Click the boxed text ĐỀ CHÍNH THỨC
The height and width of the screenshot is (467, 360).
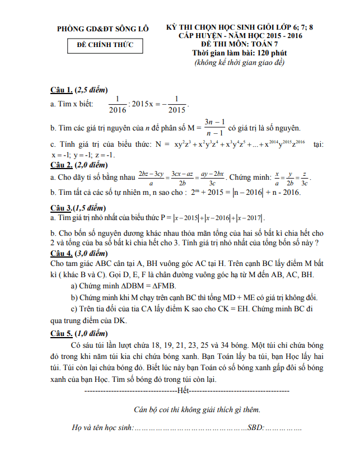coord(105,45)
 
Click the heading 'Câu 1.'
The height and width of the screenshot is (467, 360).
coord(62,90)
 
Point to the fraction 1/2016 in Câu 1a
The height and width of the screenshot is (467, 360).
coord(118,104)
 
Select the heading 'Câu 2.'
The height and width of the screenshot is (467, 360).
coord(62,165)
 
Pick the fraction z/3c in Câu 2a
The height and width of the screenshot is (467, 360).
coord(304,179)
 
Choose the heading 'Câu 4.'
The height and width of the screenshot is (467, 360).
coord(62,252)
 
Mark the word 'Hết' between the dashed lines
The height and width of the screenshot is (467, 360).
coord(183,390)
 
